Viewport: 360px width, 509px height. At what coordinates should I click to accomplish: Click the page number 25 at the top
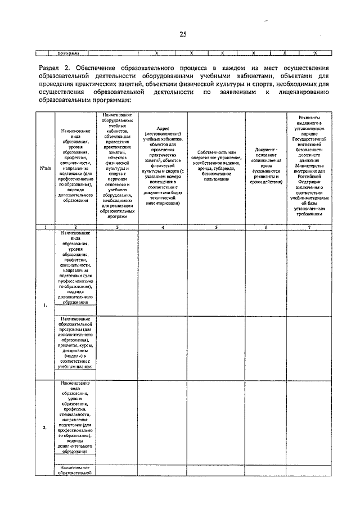(x=182, y=35)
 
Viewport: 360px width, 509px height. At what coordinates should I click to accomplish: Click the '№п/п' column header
(x=44, y=168)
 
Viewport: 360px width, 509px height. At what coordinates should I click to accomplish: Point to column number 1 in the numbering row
(x=44, y=227)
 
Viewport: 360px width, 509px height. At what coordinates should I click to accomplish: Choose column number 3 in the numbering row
(x=117, y=227)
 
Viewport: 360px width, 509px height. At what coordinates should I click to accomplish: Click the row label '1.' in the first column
(x=44, y=305)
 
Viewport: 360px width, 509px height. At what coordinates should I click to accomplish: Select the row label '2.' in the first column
(x=44, y=427)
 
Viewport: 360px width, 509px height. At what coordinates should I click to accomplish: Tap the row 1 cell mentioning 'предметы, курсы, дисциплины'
(x=75, y=342)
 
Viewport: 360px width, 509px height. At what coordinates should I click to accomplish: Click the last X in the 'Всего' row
(x=315, y=53)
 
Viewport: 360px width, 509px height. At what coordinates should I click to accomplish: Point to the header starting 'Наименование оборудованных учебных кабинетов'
(x=117, y=168)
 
